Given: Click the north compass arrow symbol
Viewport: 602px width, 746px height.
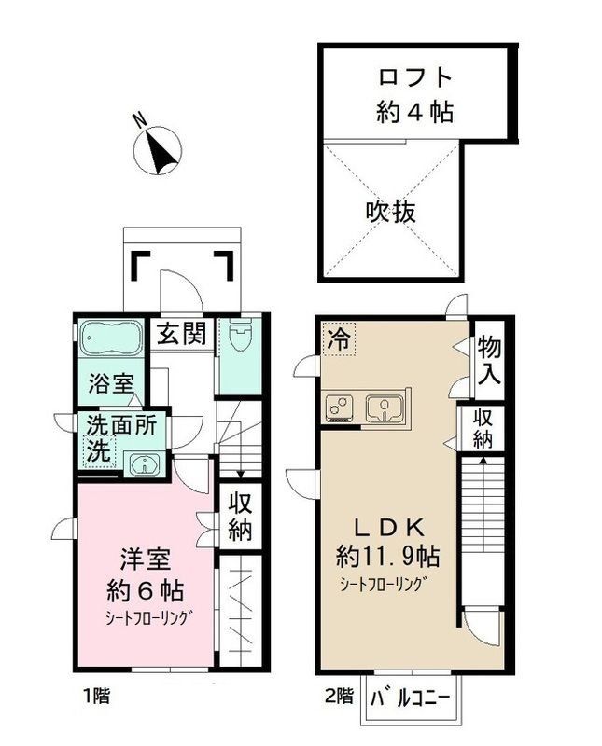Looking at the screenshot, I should point(161,149).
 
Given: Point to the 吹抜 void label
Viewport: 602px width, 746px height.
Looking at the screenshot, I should point(390,211).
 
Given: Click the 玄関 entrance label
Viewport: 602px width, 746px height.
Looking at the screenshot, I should point(180,334).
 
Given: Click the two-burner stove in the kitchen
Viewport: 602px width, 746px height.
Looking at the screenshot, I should point(340,408).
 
